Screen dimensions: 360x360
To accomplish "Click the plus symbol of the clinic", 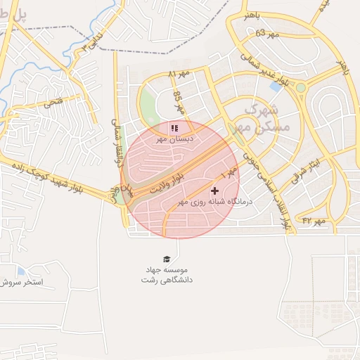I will pyautogui.click(x=214, y=191).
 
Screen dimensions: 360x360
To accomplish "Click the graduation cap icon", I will pyautogui.click(x=167, y=259).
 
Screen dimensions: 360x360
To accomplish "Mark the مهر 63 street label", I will pyautogui.click(x=267, y=33).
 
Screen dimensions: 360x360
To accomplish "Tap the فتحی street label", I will pyautogui.click(x=53, y=102).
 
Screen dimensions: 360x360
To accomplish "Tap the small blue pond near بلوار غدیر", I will pyautogui.click(x=276, y=86).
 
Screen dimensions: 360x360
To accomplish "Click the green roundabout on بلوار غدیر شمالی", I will pyautogui.click(x=302, y=88).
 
